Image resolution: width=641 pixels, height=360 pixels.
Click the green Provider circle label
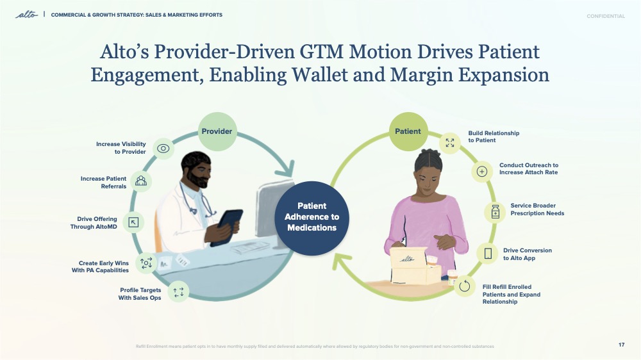[217, 132]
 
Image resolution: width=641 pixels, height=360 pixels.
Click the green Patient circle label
[408, 132]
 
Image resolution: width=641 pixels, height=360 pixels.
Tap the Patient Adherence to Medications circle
[312, 217]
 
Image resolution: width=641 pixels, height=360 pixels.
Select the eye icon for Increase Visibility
[163, 149]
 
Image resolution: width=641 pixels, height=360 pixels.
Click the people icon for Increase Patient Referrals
[141, 181]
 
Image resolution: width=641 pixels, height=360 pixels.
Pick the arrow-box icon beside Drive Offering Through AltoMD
[133, 222]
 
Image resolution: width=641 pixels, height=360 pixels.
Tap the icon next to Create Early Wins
[146, 262]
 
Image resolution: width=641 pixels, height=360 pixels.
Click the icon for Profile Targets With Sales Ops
[178, 292]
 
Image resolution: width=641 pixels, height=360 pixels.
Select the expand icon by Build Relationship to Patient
[450, 143]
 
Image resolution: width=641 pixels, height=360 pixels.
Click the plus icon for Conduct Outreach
[482, 171]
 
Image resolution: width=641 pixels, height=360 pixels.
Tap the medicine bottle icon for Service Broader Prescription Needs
[495, 212]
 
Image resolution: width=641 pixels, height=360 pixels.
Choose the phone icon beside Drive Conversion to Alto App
[488, 254]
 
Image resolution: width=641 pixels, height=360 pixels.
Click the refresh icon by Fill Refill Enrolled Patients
[466, 286]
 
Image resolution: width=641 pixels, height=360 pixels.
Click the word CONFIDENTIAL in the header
[605, 16]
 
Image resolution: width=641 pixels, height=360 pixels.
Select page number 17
[621, 345]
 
